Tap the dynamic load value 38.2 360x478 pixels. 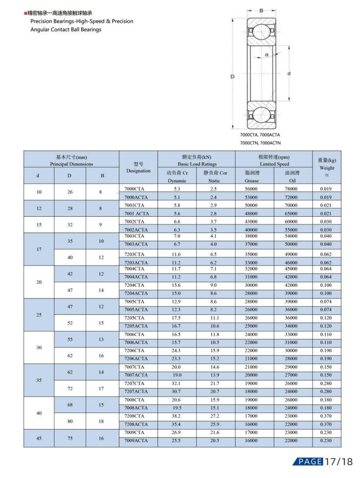pyautogui.click(x=177, y=416)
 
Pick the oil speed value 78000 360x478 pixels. pyautogui.click(x=293, y=189)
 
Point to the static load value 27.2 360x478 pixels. pyautogui.click(x=215, y=416)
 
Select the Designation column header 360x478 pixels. pyautogui.click(x=138, y=167)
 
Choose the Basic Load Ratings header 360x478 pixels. pyautogui.click(x=196, y=161)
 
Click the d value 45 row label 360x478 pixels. pyautogui.click(x=38, y=437)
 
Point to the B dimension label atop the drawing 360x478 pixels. pyautogui.click(x=261, y=9)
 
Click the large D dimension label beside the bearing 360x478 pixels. pyautogui.click(x=232, y=77)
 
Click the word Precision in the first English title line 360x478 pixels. pyautogui.click(x=44, y=21)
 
